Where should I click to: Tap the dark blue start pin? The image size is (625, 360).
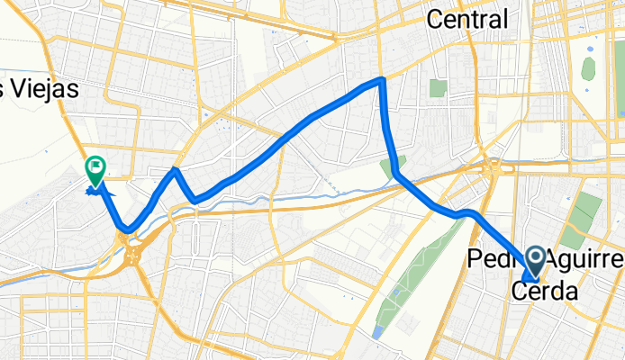[x=533, y=261]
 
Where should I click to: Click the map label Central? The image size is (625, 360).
[x=468, y=18]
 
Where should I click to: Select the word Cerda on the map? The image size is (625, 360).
[x=544, y=292]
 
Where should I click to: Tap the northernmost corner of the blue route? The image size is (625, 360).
[x=383, y=80]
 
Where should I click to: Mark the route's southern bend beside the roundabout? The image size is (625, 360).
[x=130, y=229]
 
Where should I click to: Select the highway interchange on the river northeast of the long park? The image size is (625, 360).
[x=494, y=167]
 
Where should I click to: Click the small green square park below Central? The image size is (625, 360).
[x=439, y=88]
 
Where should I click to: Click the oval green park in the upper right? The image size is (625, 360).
[x=589, y=68]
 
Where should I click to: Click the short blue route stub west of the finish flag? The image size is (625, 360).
[x=92, y=191]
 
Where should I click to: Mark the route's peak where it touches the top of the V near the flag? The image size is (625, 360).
[x=176, y=169]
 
